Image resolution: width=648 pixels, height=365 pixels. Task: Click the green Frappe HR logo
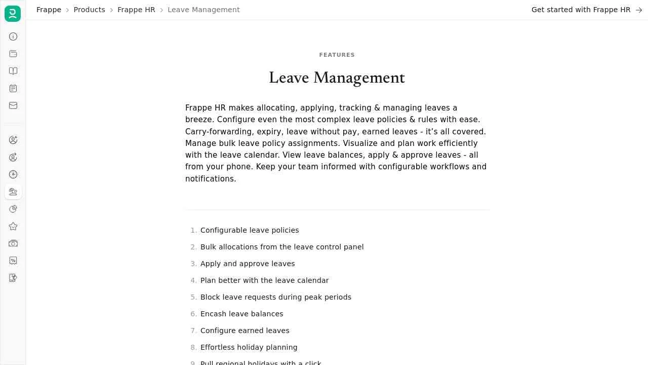(13, 14)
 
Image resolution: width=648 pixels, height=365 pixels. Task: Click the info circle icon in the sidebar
(13, 36)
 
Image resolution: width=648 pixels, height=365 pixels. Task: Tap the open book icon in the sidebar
(13, 71)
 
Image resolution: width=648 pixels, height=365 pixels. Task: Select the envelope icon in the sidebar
(13, 105)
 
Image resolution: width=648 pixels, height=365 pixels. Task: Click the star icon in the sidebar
(13, 226)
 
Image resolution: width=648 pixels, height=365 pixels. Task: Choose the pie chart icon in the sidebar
(13, 209)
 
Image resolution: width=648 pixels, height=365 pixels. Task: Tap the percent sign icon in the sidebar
(13, 261)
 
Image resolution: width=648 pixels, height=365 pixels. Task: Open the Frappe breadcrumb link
(49, 10)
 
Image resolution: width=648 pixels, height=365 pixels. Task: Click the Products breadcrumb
(89, 10)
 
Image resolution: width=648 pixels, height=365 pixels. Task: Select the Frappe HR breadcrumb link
(136, 10)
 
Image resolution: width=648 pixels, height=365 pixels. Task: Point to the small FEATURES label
(337, 55)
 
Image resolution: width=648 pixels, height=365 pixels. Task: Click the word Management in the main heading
(359, 78)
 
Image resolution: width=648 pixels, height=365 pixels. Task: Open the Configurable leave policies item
(250, 230)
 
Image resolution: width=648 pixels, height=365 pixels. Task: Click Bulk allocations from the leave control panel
(282, 247)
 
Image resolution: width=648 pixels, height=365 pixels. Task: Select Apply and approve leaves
(248, 264)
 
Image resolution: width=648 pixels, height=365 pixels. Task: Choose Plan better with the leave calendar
(264, 280)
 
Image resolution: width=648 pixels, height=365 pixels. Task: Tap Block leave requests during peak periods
(276, 297)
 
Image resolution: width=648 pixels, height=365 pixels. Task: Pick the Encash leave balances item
(241, 314)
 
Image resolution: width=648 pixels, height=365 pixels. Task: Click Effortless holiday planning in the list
(249, 347)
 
